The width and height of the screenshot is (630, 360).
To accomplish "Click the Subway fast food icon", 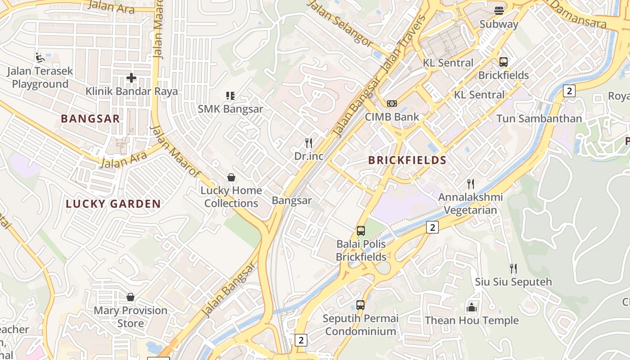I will (x=499, y=10).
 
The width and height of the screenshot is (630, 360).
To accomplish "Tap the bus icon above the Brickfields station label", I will (x=503, y=62).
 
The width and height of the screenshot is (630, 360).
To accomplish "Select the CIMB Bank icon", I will (x=392, y=103).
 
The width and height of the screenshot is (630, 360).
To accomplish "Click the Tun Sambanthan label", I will (x=539, y=119).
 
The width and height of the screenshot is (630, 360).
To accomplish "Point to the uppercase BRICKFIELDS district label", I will (x=407, y=160).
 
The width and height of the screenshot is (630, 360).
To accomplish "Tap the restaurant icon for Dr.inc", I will (x=309, y=143).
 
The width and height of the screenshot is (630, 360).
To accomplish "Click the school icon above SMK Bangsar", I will (x=230, y=95).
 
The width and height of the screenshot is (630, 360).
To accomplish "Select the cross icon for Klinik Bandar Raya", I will (x=131, y=78).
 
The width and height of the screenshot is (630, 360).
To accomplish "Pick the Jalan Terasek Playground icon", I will (x=40, y=57).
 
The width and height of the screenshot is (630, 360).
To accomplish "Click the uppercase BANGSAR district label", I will (x=90, y=119).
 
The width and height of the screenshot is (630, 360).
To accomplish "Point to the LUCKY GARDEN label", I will (x=113, y=204).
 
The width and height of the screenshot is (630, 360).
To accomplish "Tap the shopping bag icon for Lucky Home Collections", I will (x=231, y=177).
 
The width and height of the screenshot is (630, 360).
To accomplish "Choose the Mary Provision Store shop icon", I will (x=130, y=297).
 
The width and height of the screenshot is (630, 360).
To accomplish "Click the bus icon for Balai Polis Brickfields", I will (x=361, y=231).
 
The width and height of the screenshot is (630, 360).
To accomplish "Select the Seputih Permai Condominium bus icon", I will (x=360, y=305).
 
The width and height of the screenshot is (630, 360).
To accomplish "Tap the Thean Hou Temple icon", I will (x=472, y=307).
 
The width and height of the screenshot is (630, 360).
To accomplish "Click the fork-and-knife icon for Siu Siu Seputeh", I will (x=513, y=269).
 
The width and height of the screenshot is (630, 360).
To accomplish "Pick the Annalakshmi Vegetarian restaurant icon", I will (x=471, y=184).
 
